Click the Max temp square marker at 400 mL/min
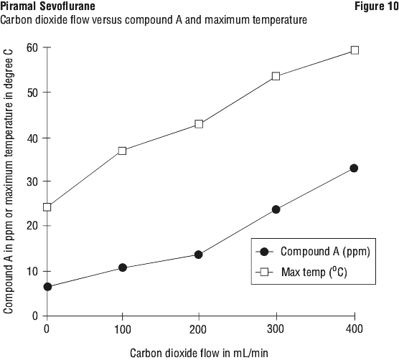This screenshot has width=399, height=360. pyautogui.click(x=355, y=50)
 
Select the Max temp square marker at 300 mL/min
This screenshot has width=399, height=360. pyautogui.click(x=276, y=76)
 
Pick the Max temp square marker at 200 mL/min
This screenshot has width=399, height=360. pyautogui.click(x=199, y=124)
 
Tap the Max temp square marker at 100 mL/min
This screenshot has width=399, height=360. pyautogui.click(x=123, y=151)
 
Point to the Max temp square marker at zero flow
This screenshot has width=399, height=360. pyautogui.click(x=47, y=207)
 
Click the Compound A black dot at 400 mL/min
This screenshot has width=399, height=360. pyautogui.click(x=354, y=168)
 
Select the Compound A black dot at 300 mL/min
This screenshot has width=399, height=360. pyautogui.click(x=276, y=209)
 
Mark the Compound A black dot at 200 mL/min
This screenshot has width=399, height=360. pyautogui.click(x=199, y=255)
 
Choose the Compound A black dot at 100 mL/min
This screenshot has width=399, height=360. pyautogui.click(x=123, y=267)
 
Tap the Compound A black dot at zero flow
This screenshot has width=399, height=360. pyautogui.click(x=47, y=287)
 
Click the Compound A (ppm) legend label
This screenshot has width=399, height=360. pyautogui.click(x=325, y=252)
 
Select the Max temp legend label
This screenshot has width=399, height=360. pyautogui.click(x=314, y=273)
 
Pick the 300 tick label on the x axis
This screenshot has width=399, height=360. pyautogui.click(x=276, y=329)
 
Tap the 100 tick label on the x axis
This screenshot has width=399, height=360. pyautogui.click(x=123, y=329)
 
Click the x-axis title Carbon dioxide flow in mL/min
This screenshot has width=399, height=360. pyautogui.click(x=199, y=353)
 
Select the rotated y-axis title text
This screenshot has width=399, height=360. pyautogui.click(x=8, y=181)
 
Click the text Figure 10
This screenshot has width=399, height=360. pyautogui.click(x=377, y=6)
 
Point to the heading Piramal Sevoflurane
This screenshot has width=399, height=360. pyautogui.click(x=47, y=6)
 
